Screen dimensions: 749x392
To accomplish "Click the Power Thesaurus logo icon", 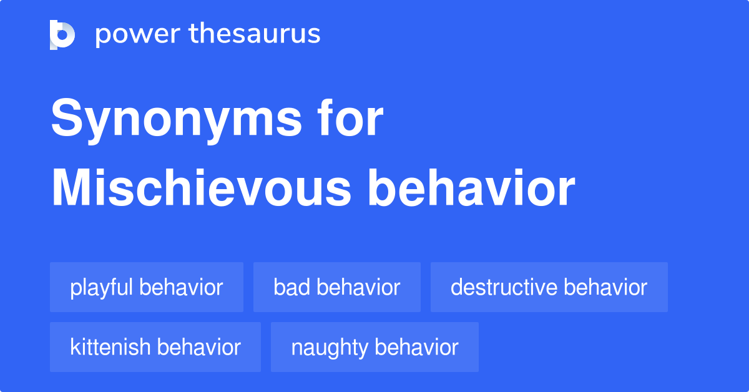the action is point(62,35).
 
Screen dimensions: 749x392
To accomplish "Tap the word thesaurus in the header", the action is point(255,34).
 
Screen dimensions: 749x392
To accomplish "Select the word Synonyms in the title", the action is point(177,120).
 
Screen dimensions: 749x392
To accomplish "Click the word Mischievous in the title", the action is point(201,188).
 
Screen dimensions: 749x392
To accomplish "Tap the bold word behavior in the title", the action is point(471,188).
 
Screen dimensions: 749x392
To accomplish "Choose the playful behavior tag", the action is point(147,287).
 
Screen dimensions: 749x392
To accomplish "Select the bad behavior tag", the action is point(336,287).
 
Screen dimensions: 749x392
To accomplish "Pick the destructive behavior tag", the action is point(549,287).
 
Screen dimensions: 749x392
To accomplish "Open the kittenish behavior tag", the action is point(155,347).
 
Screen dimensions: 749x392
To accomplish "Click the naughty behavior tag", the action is point(374,347).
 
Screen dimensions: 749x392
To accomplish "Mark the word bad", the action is point(292,287).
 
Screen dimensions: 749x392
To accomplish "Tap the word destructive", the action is point(504,287).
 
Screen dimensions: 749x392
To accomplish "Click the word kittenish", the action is point(110,347).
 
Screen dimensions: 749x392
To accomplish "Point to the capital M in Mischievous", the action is point(71,188).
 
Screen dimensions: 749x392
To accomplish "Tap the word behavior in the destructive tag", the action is point(605,287).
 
